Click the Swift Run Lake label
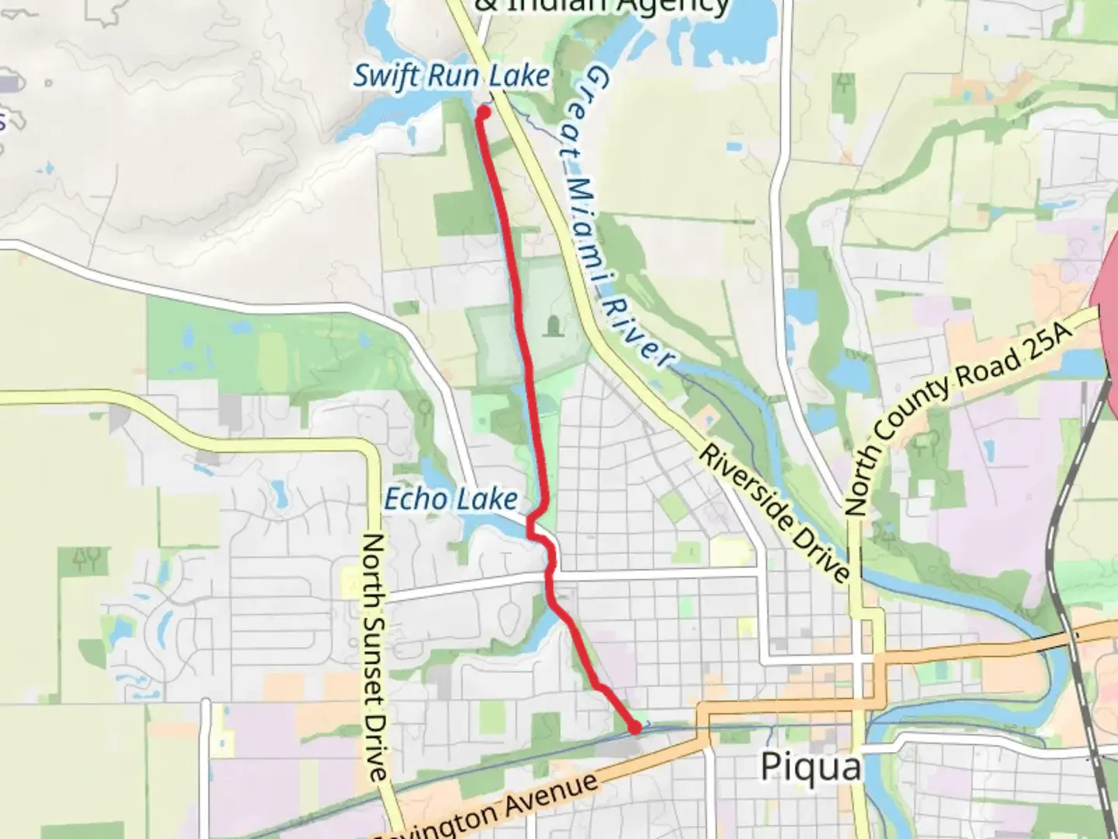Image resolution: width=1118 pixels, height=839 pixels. coord(452,76)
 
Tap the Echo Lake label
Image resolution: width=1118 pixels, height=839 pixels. coord(451,499)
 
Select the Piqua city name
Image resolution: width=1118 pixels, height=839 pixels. coord(811,767)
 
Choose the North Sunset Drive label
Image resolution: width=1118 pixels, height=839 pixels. coord(375,656)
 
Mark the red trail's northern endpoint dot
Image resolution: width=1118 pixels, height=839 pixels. coord(483,113)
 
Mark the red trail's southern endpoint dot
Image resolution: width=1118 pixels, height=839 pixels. coord(635,728)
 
